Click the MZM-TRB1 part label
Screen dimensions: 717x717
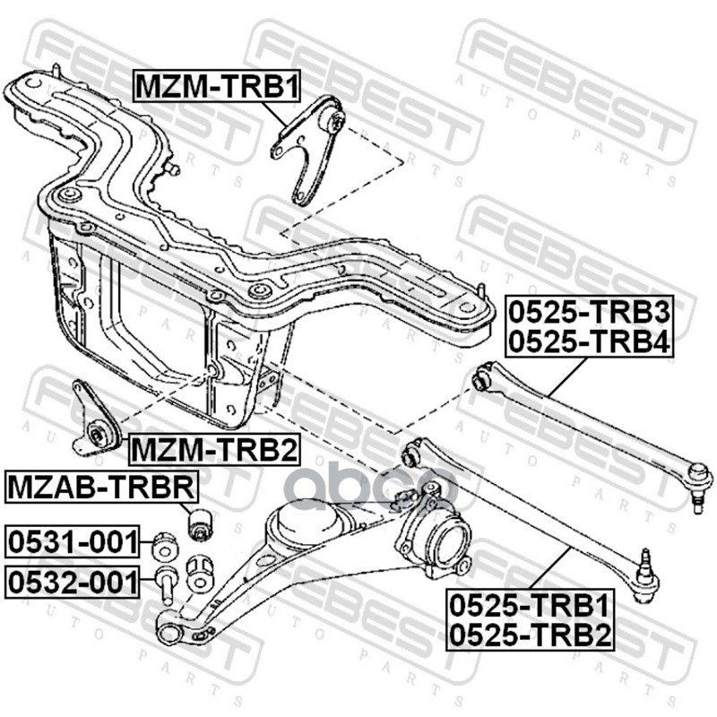[x=216, y=86]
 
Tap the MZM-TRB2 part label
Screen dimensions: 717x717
[x=213, y=448]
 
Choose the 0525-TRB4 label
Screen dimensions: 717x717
[x=589, y=341]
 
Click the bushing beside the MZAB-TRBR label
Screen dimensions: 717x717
[x=199, y=523]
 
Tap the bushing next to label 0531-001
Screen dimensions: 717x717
[x=164, y=544]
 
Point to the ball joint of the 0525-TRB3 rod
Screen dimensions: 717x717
[x=699, y=479]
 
